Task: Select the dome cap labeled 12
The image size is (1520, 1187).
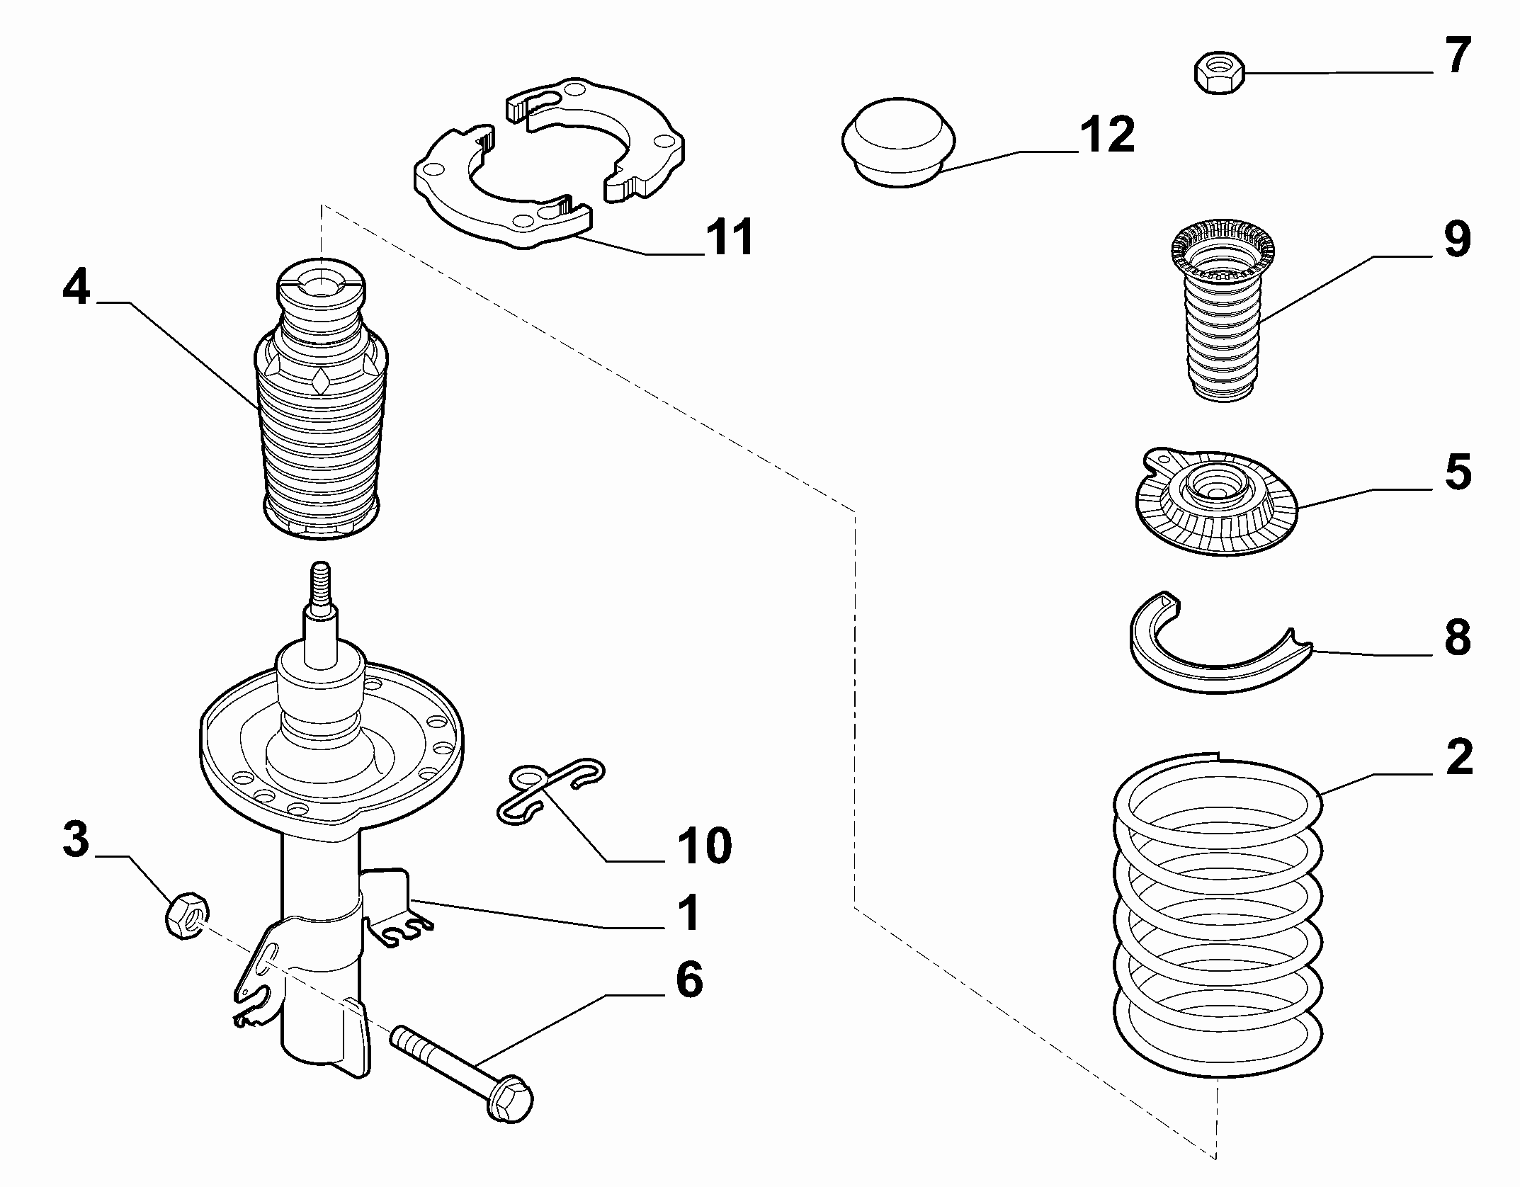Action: [x=899, y=144]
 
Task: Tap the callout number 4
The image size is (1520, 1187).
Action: [x=76, y=288]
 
